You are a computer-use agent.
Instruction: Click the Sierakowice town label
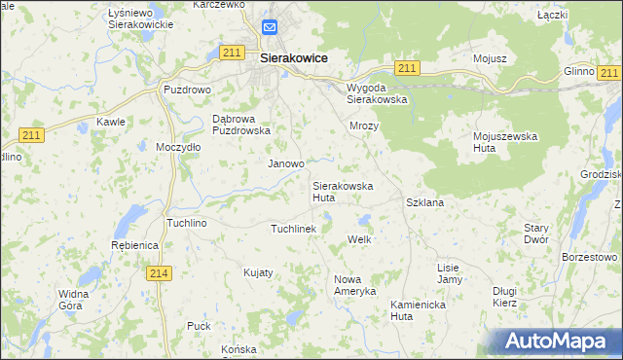coord(293,57)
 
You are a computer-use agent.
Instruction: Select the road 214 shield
coord(162,275)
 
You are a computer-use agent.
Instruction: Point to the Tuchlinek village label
coord(293,228)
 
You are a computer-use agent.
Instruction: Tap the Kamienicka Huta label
coord(416,309)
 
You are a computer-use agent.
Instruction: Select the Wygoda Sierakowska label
coord(377,92)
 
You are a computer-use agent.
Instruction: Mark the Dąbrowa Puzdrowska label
coord(239,125)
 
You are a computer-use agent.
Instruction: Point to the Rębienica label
coord(135,245)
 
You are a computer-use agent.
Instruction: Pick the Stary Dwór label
coord(536,233)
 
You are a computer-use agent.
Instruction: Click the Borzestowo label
coord(590,257)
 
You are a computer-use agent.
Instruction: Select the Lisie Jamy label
coord(449,273)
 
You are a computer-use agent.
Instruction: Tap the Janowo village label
coord(286,164)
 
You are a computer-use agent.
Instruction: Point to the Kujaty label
coord(258,272)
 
